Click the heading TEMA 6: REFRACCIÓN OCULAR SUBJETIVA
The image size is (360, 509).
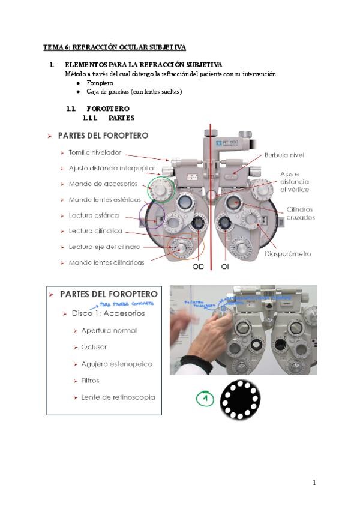(x=114, y=46)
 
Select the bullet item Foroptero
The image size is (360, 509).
(x=100, y=83)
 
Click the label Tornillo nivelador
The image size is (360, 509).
(x=95, y=152)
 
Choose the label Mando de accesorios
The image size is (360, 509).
(x=103, y=184)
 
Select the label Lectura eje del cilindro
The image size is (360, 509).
(x=104, y=247)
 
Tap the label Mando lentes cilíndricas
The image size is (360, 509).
(x=106, y=262)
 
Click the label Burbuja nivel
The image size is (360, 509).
(x=284, y=155)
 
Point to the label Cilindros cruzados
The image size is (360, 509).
(x=300, y=213)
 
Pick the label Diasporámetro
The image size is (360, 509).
(x=287, y=253)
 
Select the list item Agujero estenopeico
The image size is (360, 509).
(x=116, y=364)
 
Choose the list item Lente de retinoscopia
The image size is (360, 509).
(x=118, y=397)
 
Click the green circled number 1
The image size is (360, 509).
(x=205, y=398)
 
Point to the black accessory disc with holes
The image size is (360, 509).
(x=240, y=399)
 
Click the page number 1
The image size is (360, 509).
(x=314, y=483)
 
